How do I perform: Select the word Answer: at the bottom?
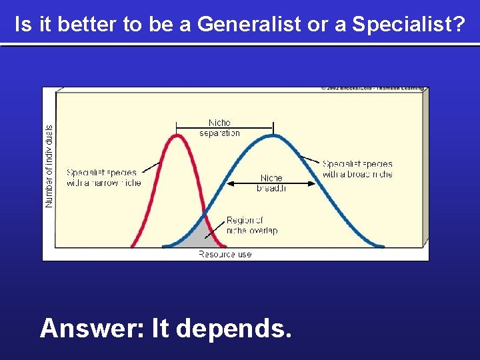pos(93,328)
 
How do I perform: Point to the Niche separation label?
pos(219,128)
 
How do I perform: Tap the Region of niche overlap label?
pos(251,225)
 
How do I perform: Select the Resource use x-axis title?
pos(225,254)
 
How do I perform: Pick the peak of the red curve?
pos(177,135)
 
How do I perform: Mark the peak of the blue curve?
pos(273,135)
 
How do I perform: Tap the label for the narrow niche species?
pos(103,177)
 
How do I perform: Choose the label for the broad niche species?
pos(357,169)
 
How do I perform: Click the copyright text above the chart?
pos(371,87)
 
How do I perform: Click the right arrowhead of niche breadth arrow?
pos(313,183)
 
